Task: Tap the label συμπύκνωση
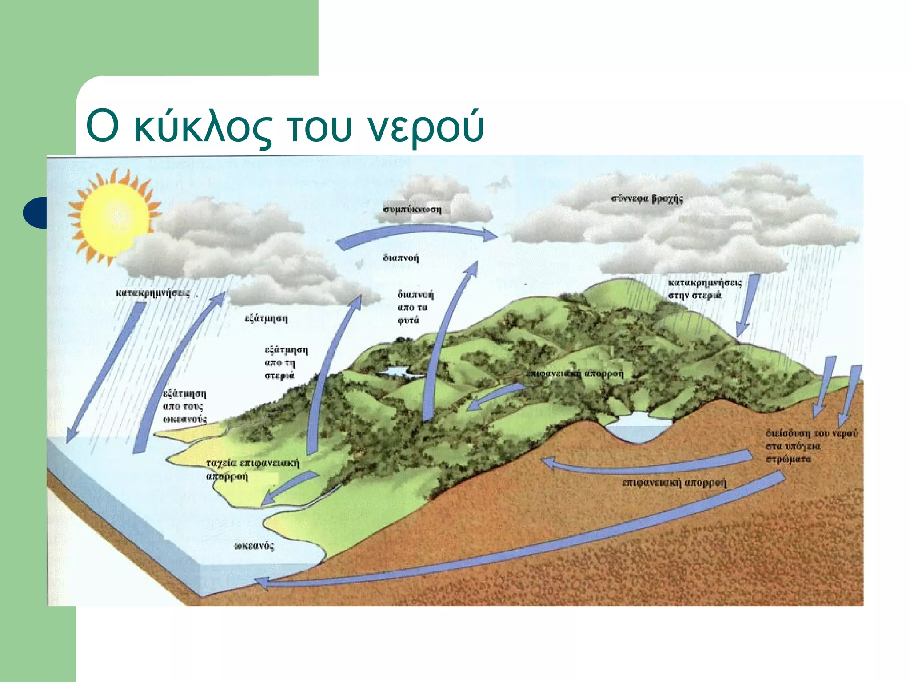coord(412,209)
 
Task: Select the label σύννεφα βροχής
coord(647,198)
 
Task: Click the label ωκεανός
coord(254,546)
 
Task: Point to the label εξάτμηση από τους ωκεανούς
coord(185,406)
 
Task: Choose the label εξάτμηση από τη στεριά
coord(286,363)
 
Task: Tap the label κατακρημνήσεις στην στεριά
coord(704,289)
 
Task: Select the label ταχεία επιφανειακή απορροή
coord(252,470)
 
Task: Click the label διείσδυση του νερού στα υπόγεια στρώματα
coord(811,446)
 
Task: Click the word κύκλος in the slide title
coord(202,127)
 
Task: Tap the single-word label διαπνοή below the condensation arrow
coord(401,258)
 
